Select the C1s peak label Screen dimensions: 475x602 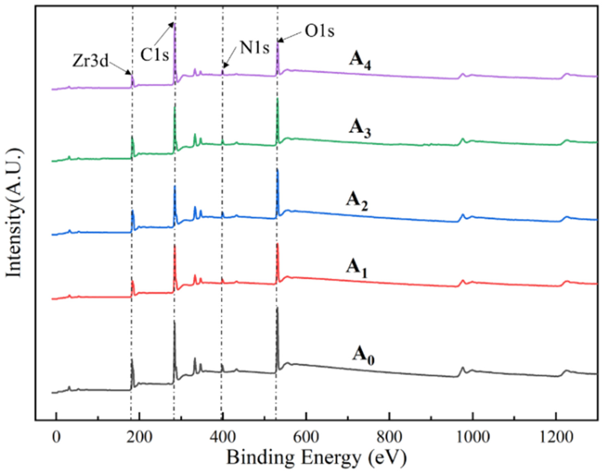(155, 55)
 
